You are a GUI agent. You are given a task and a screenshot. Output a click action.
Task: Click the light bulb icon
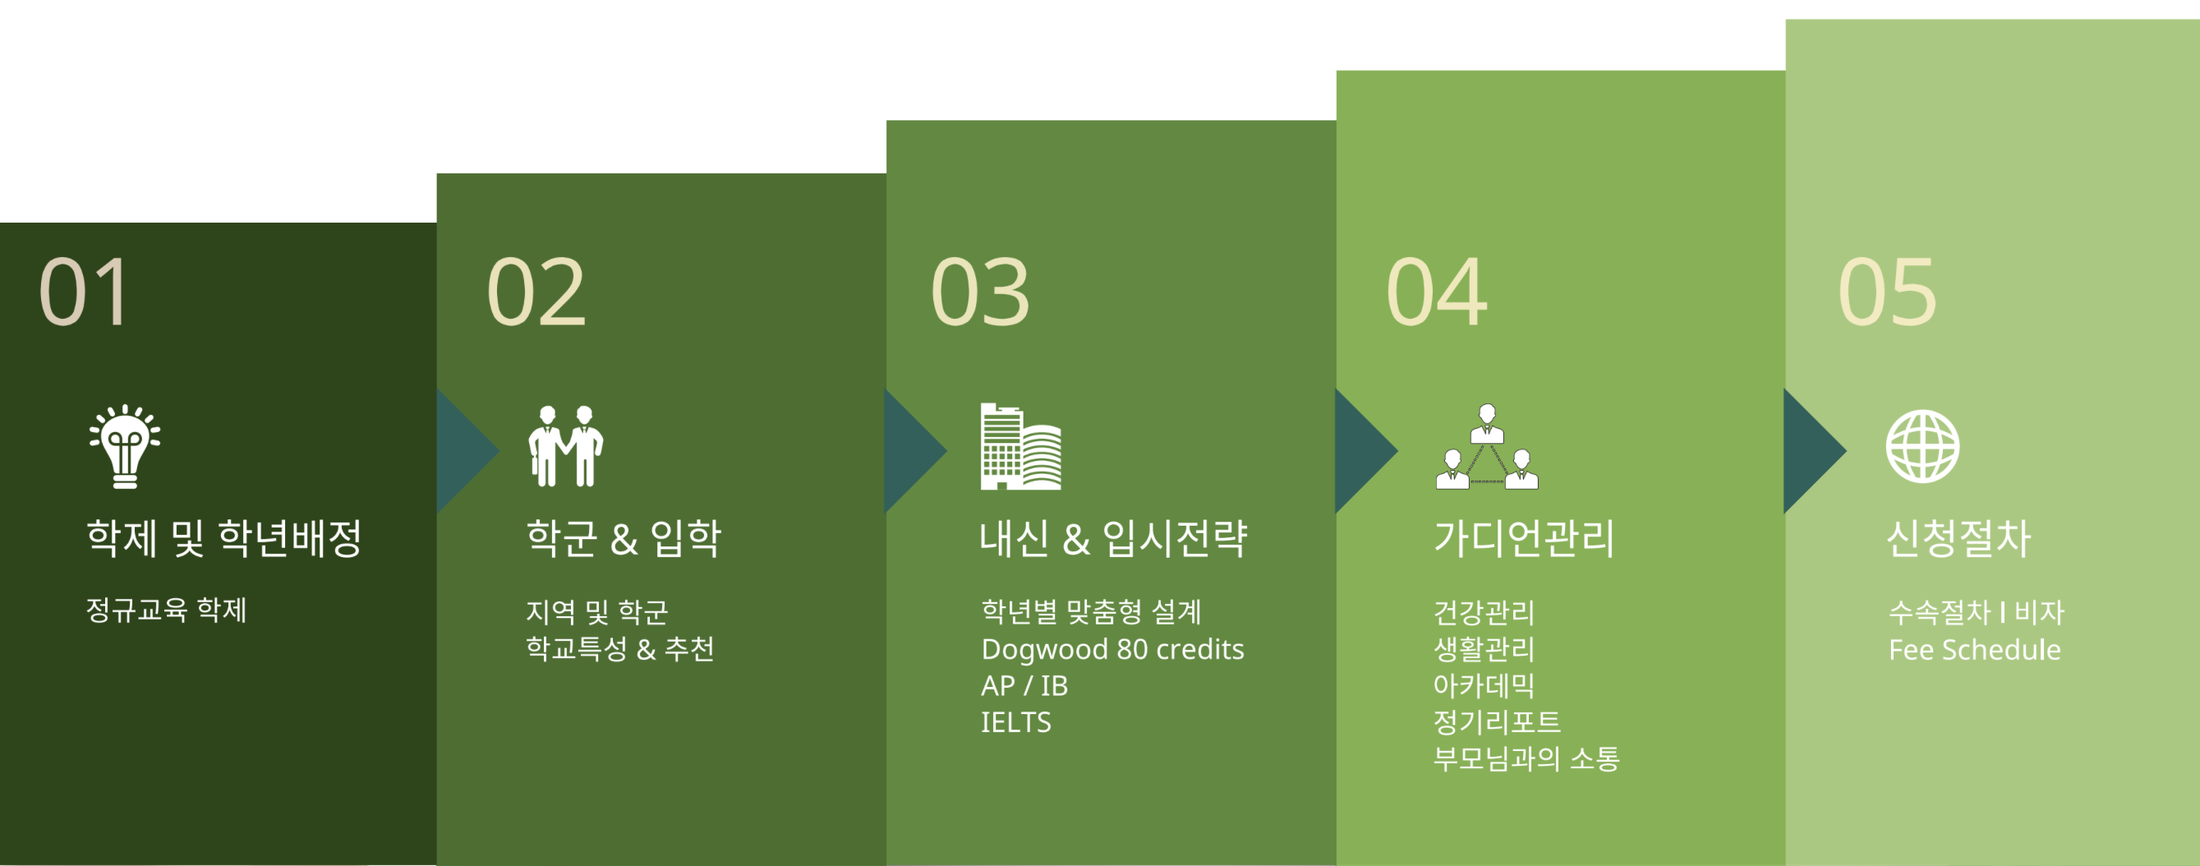coord(125,446)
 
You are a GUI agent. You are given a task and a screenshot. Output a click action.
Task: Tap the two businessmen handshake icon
coord(565,446)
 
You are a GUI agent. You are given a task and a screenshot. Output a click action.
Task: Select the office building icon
coord(1020,446)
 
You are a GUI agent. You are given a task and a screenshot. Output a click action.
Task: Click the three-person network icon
coord(1487,446)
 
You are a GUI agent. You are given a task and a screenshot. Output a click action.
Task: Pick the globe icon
coord(1922,446)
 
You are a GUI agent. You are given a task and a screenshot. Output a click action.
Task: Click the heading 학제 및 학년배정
coord(223,538)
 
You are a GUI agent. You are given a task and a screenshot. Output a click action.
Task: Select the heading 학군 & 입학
coord(624,538)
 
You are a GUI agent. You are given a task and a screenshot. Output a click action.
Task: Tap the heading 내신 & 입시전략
coord(1113,538)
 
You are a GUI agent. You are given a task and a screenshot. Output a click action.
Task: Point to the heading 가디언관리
coord(1525,538)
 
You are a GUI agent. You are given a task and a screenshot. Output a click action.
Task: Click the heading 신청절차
coord(1958,538)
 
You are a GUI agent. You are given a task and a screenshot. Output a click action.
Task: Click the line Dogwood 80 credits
coord(1112,649)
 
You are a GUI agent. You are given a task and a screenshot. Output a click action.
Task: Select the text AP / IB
coord(1024,685)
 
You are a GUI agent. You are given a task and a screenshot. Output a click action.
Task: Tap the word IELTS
coord(1015,721)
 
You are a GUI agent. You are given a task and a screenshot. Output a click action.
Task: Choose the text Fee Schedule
coord(1975,650)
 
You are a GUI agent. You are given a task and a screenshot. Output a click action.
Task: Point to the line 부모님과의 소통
coord(1526,758)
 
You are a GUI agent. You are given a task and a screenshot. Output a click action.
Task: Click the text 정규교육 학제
coord(167,610)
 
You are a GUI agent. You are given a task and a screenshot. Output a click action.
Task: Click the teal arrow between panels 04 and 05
coord(1815,450)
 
